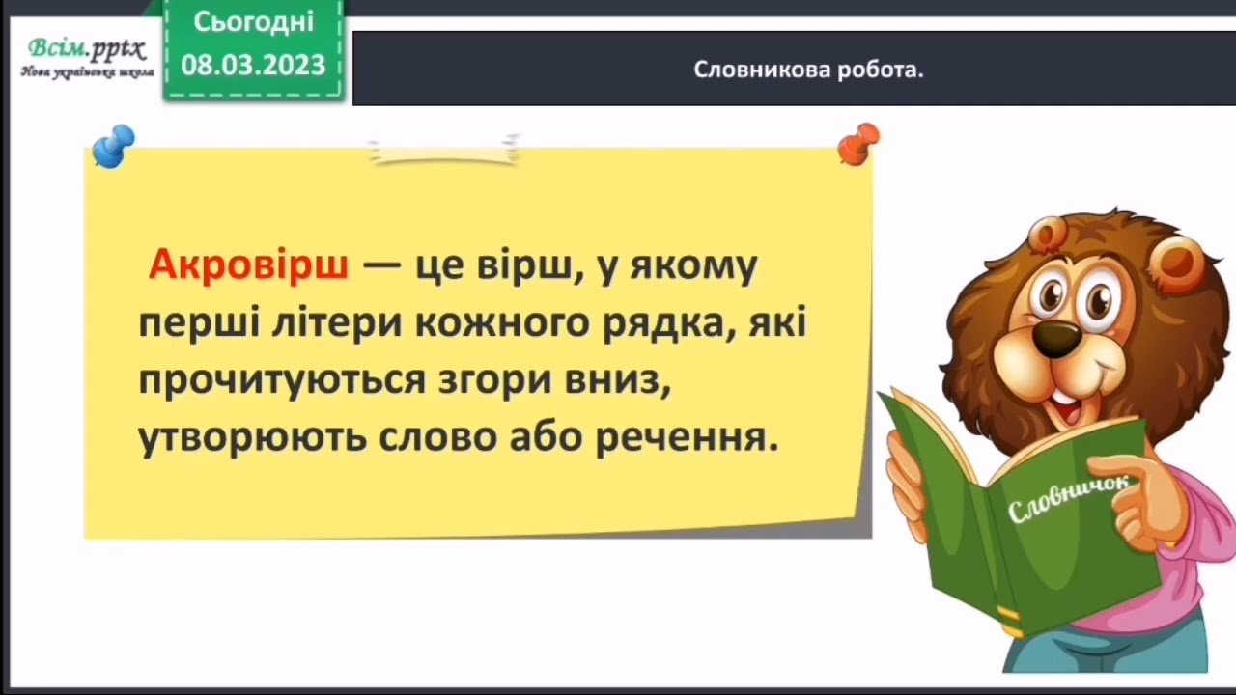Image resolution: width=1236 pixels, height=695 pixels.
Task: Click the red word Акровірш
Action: point(249,265)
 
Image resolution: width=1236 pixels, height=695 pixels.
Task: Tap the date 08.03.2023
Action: point(253,65)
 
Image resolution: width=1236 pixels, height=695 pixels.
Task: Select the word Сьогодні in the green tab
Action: point(254,22)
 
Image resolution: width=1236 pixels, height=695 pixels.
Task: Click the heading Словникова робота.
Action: point(808,70)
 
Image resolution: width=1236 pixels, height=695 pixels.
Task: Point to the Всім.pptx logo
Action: point(87,50)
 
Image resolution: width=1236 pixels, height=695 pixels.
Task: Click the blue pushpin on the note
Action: point(113,146)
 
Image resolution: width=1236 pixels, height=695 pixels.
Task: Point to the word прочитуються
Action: point(282,380)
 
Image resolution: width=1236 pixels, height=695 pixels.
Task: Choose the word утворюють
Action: point(252,438)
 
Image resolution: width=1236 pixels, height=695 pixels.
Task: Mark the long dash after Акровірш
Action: point(381,265)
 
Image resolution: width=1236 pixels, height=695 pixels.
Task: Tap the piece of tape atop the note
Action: point(444,150)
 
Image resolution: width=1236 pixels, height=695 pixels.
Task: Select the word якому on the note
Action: point(693,267)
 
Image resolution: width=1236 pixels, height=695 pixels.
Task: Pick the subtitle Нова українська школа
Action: point(87,72)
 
